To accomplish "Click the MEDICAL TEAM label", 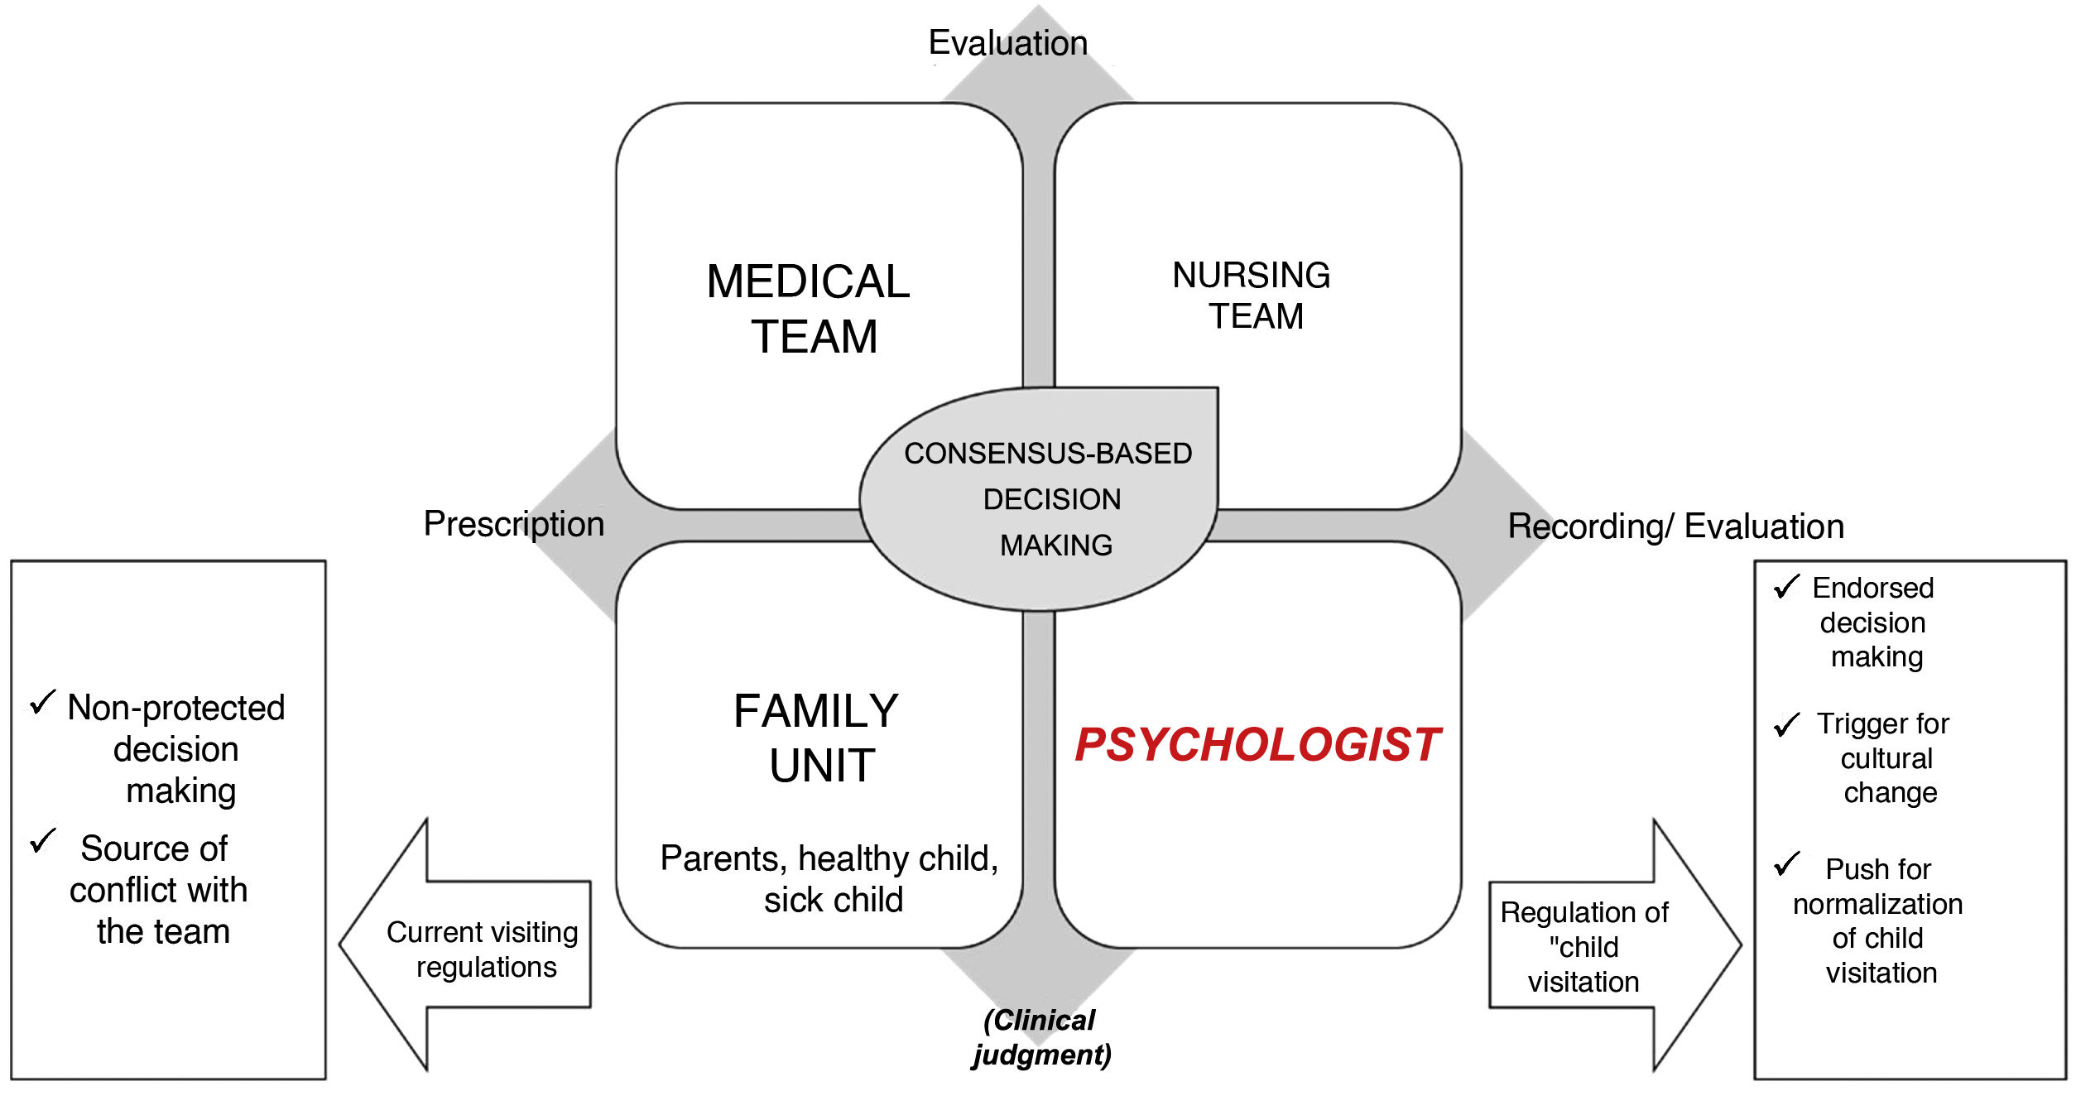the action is point(810,309).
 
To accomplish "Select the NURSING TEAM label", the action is point(1252,296).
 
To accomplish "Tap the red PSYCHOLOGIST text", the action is point(1257,744).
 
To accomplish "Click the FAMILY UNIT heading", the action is point(817,738).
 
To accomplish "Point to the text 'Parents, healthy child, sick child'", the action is point(829,879).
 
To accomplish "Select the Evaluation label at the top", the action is point(1007,43).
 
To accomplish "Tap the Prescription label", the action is point(514,524).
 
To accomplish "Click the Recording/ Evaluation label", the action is point(1675,526).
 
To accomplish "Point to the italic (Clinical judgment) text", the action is point(1041,1037).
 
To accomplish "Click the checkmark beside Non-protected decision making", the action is point(42,703).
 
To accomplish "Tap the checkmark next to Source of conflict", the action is point(42,841).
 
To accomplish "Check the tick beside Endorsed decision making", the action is point(1786,587).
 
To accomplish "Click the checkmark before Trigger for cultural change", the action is point(1786,724).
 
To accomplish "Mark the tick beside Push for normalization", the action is point(1786,865).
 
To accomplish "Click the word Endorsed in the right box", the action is point(1872,588).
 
